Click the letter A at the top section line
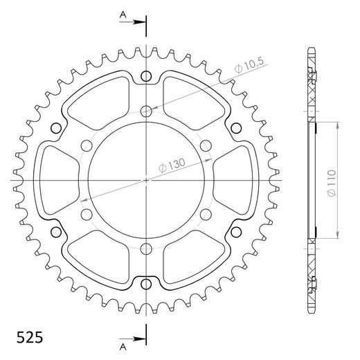pos(122,12)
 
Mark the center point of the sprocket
pos(146,181)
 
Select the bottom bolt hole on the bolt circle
pos(146,250)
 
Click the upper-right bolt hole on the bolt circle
pos(206,145)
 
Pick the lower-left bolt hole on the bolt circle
pos(86,215)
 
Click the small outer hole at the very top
pos(146,77)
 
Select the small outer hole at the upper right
pos(235,129)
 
